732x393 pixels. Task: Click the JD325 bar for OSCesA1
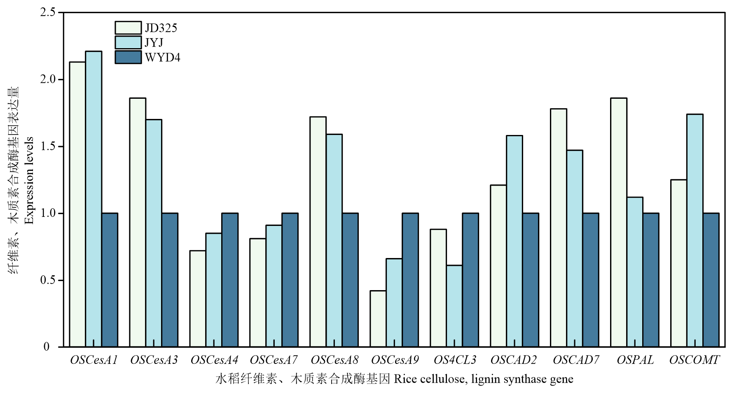tap(77, 204)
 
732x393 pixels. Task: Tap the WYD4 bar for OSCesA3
tap(170, 280)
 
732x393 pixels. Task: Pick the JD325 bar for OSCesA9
tap(378, 319)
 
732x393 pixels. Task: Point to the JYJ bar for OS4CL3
tap(454, 306)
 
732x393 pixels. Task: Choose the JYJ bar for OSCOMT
tap(695, 230)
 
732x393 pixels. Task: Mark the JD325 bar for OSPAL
tap(619, 222)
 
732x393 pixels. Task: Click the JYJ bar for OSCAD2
tap(514, 241)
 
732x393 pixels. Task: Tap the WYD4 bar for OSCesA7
tap(290, 280)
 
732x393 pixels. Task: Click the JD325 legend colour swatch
tap(128, 28)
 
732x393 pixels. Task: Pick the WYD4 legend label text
tap(162, 57)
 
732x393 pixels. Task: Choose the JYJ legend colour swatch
tap(128, 42)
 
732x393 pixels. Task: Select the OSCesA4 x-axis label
tap(214, 360)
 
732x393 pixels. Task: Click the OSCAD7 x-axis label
tap(575, 360)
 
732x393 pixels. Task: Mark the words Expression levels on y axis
tap(29, 180)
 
